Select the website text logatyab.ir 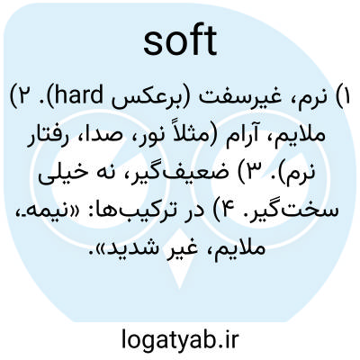[180, 339]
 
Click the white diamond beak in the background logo [180, 258]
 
